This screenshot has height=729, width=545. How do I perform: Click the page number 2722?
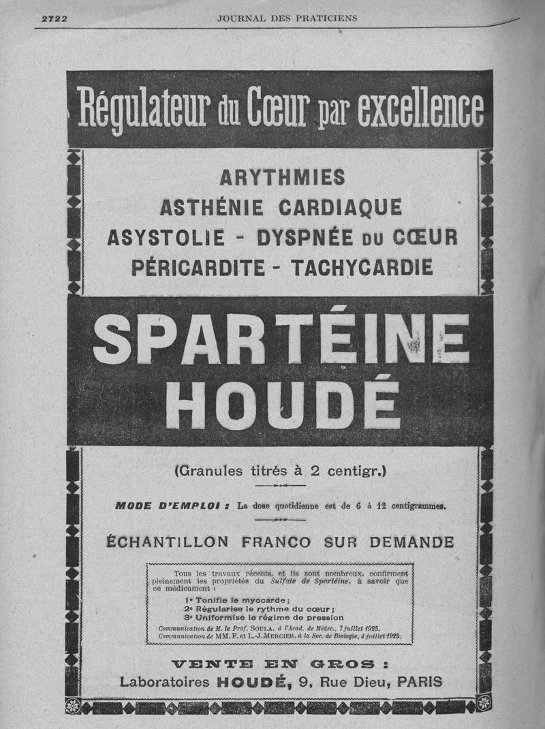(x=54, y=18)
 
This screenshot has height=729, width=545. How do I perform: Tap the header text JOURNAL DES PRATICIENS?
(x=287, y=18)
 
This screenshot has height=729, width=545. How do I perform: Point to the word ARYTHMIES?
(x=282, y=179)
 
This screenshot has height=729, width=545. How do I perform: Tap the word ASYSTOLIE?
(x=166, y=237)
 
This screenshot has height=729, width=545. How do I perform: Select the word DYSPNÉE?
(x=305, y=237)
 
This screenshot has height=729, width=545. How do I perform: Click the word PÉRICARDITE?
(x=198, y=266)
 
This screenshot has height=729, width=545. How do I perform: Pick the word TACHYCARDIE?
(x=362, y=266)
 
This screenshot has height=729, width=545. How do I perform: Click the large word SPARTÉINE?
(x=281, y=339)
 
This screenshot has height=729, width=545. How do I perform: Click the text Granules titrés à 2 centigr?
(x=280, y=470)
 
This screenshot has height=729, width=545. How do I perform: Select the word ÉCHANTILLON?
(x=169, y=542)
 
